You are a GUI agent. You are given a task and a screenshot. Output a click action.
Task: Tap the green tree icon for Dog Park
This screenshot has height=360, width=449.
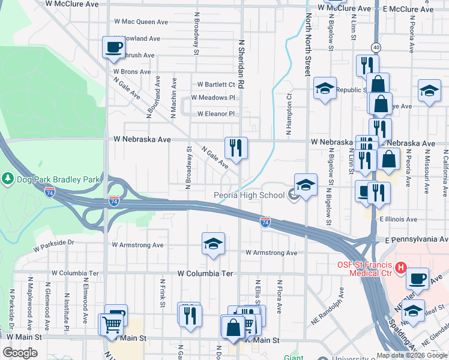coord(7,179)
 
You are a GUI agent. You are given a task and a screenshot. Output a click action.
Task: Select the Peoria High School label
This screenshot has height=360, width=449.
coord(249,195)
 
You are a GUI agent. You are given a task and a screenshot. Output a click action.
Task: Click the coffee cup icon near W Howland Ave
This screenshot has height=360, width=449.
coord(113,46)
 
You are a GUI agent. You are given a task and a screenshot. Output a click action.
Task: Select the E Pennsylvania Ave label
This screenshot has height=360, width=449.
coord(416,239)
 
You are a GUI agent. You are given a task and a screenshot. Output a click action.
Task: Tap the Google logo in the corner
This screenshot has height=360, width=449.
coord(20,353)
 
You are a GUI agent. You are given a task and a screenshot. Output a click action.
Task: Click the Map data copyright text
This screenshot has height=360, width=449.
coord(412,355)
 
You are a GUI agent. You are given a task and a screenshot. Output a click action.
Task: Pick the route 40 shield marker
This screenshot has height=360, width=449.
coord(376,47)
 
